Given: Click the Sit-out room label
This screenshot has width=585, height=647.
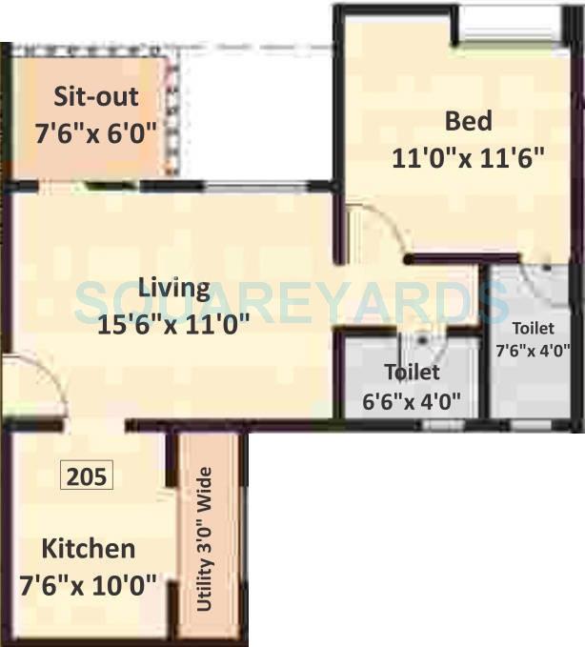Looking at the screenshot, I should (95, 97).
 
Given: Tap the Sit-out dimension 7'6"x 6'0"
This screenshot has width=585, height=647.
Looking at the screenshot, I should (95, 131).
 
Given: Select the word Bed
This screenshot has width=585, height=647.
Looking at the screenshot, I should (469, 121).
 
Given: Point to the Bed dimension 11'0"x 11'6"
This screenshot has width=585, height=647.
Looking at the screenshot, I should (468, 157).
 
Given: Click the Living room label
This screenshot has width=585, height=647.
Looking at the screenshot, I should (173, 288).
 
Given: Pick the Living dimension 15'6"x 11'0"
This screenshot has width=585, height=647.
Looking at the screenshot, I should (173, 324).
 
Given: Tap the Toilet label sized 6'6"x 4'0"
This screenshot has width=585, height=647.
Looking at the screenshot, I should (412, 372).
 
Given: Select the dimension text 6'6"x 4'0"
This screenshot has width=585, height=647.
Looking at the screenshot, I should (412, 401).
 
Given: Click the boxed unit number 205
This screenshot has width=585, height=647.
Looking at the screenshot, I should (87, 475).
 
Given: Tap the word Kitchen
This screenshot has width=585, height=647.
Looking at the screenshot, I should (88, 549).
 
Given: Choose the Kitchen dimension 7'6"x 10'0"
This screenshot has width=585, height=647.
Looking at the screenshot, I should (88, 584).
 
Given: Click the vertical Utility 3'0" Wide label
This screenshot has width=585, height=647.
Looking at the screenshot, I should (206, 540).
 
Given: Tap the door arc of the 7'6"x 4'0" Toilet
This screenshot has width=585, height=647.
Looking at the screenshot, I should (541, 275).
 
